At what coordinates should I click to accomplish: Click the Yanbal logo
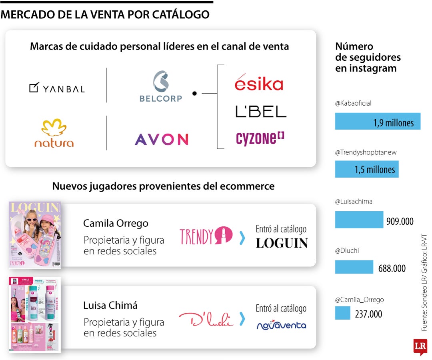pos(57,88)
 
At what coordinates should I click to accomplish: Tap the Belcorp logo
pos(161,86)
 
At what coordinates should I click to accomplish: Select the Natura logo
pos(54,133)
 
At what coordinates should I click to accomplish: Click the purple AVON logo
pos(161,139)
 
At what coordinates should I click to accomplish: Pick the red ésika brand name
pos(259,82)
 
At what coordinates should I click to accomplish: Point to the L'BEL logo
pos(261,111)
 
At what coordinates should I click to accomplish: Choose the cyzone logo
pos(260,138)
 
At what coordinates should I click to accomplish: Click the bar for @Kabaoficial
pos(377,121)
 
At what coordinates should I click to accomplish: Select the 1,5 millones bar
pos(366,169)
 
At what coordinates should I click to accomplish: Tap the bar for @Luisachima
pos(359,220)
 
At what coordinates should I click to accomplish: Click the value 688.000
pos(392,268)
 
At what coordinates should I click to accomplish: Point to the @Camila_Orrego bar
pos(342,313)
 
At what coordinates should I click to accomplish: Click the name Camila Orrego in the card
pos(116,223)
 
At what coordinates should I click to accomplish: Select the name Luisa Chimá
pos(110,305)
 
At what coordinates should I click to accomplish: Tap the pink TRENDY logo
pos(206,236)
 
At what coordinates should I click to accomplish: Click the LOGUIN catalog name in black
pos(282,243)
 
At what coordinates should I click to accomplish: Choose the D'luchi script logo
pos(206,319)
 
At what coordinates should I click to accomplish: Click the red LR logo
pos(420,347)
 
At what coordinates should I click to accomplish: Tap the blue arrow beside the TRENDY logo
pos(242,238)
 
